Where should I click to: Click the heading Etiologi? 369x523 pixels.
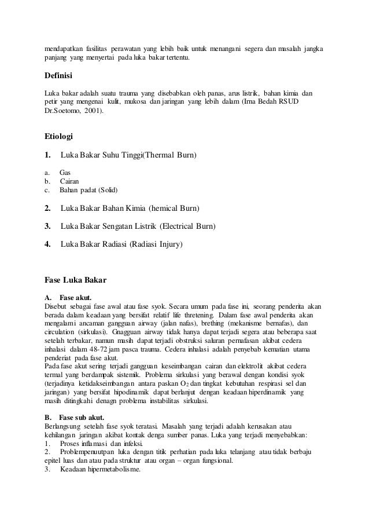[x=60, y=137]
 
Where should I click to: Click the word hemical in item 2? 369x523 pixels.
[x=165, y=208]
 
